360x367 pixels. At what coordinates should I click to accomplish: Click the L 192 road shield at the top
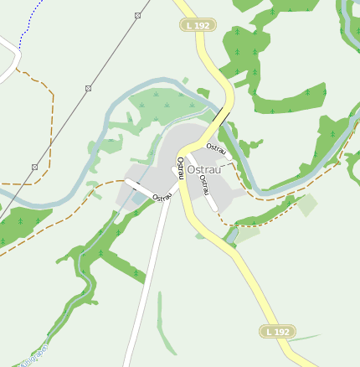tap(198, 26)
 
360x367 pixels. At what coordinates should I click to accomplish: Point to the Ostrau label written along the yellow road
tap(180, 168)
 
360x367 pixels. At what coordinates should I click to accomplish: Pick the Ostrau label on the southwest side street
tap(162, 197)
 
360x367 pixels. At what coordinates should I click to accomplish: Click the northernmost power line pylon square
tap(137, 16)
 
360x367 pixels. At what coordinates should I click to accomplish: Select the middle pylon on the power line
tap(88, 88)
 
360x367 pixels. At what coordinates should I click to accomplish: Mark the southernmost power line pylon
tap(34, 167)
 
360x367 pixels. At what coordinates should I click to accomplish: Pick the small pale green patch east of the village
tap(307, 204)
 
